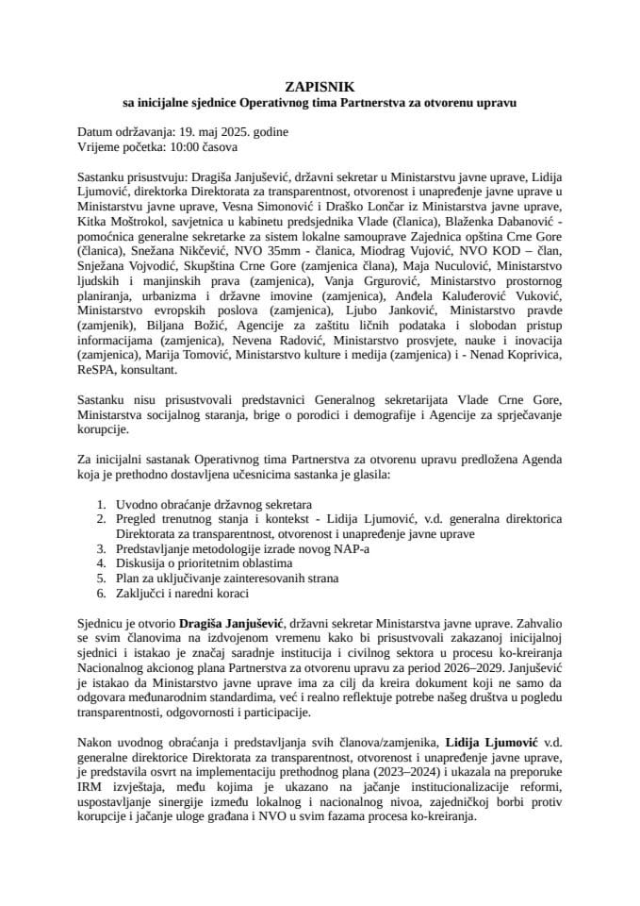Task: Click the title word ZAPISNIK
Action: [x=320, y=84]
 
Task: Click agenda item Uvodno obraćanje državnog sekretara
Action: [x=213, y=503]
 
